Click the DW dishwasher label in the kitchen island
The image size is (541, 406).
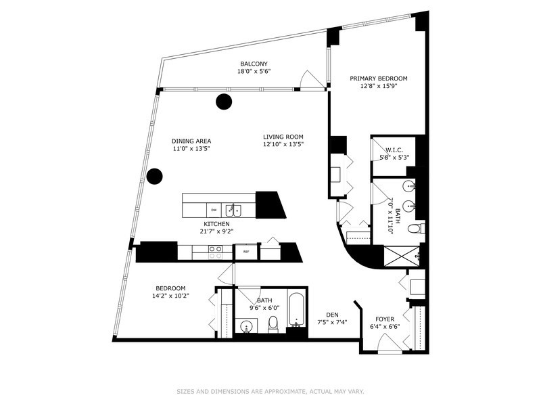click(213, 210)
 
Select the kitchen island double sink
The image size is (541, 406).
click(233, 209)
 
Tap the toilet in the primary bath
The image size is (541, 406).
click(419, 228)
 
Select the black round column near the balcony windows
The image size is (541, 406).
click(222, 102)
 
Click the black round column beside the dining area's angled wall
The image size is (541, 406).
click(155, 177)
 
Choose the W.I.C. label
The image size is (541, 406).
click(394, 150)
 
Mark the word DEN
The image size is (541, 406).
click(331, 314)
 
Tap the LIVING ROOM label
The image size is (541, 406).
click(283, 137)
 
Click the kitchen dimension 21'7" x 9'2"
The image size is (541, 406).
click(217, 231)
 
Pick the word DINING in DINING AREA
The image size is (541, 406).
click(182, 141)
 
